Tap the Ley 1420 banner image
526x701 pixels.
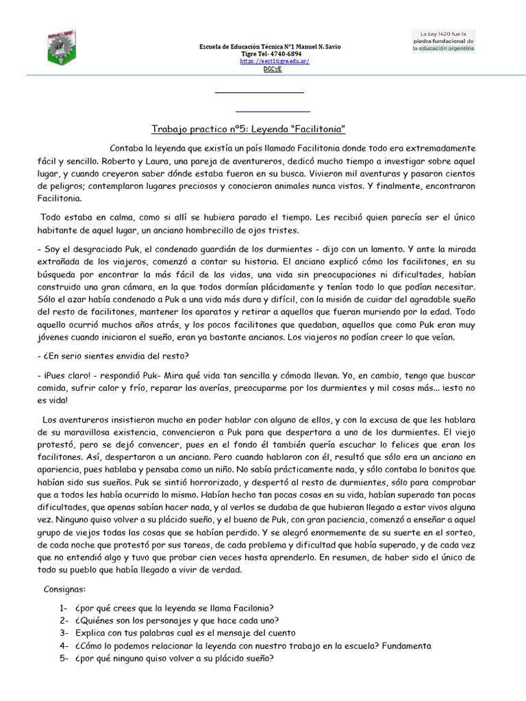pos(442,40)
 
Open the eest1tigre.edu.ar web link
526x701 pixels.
pos(274,61)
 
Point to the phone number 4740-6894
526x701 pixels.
pos(286,53)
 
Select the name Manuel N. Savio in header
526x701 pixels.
pos(315,46)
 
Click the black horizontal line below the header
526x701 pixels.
pos(259,92)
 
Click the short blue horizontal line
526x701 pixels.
pos(273,111)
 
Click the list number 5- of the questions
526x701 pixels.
pos(64,659)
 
